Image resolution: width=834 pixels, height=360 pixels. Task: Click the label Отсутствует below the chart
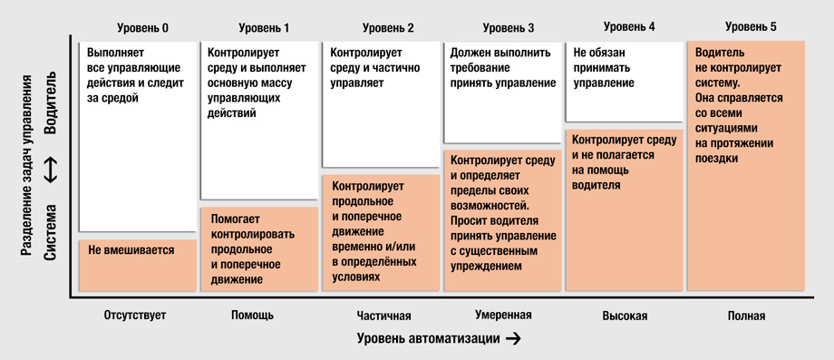(x=135, y=316)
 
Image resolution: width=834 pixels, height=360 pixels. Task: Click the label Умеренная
(x=503, y=315)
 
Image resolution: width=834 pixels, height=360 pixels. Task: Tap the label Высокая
(x=625, y=316)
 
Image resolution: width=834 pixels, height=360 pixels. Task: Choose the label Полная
(x=746, y=316)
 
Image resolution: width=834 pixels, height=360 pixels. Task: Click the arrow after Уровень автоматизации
(x=513, y=339)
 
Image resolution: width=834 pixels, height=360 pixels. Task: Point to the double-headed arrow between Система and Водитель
(x=51, y=168)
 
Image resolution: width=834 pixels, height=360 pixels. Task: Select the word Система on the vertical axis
(x=51, y=231)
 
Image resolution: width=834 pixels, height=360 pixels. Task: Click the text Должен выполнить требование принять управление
(x=503, y=68)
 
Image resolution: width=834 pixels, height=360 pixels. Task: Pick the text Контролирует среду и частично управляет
(x=373, y=68)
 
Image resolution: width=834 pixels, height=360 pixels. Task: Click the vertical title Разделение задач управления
(x=28, y=168)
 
